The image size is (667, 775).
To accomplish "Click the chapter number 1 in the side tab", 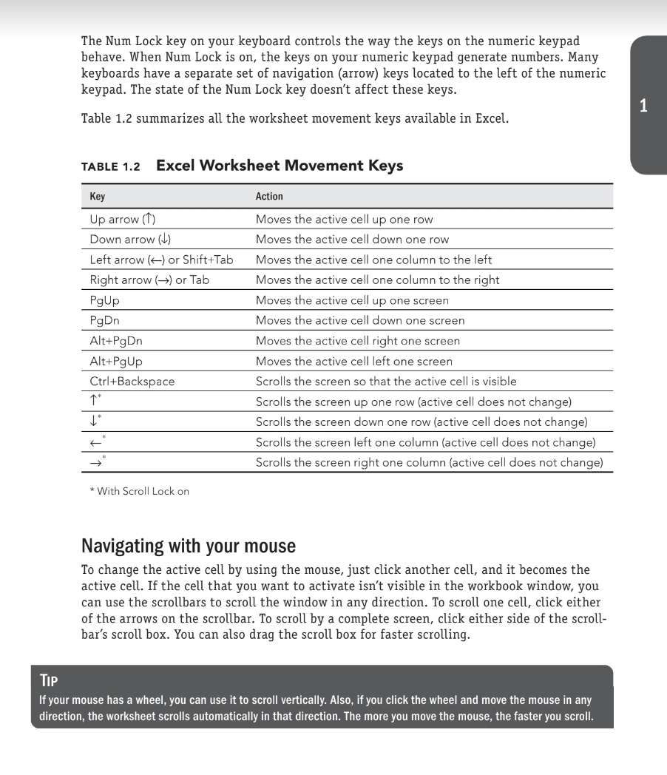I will pos(643,106).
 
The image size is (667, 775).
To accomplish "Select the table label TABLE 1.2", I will pos(110,166).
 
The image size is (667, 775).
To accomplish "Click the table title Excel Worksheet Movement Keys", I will pos(280,166).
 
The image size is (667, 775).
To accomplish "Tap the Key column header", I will pos(98,197).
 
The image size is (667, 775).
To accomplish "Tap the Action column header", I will pos(269,197).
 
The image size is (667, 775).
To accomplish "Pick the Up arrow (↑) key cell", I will pos(123,220).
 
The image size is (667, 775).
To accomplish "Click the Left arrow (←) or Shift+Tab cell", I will pos(161,260).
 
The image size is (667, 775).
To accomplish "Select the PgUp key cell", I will pos(104,300).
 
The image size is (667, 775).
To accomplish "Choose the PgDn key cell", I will pos(104,321).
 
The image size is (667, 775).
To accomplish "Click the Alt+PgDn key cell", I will pos(116,341).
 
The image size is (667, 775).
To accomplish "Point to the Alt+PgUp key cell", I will pos(116,362).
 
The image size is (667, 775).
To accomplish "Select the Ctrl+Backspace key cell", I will pos(132,382).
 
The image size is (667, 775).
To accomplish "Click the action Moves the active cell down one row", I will pos(352,240).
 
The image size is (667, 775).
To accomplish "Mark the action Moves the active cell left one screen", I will pos(353,362).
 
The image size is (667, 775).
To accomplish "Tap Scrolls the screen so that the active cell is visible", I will pos(386,382).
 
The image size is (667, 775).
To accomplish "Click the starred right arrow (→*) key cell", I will pos(97,462).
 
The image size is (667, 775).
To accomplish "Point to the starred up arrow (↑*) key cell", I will pos(95,402).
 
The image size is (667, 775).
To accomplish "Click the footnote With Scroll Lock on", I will pos(140,491).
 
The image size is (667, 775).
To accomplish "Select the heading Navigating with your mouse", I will pos(188,546).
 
